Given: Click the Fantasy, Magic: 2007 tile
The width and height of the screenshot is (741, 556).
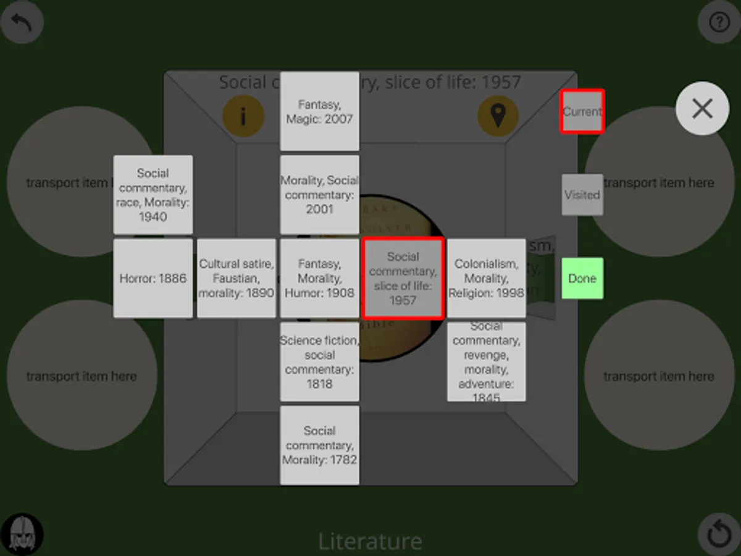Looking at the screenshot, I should pos(319,111).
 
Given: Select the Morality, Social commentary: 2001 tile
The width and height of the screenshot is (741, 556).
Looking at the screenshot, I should pos(319,195).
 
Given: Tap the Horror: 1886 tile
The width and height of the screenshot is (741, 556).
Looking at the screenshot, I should pos(153,278).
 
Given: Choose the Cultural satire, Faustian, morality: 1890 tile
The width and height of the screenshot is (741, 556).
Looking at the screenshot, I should pos(236,278).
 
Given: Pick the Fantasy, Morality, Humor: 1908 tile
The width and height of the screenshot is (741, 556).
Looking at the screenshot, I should pos(319,278).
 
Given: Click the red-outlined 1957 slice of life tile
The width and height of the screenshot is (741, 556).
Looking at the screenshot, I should pos(403,278).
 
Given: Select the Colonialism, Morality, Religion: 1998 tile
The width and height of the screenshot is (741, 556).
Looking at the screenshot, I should pos(486,278).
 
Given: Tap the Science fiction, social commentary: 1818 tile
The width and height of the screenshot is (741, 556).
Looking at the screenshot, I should pos(319,361).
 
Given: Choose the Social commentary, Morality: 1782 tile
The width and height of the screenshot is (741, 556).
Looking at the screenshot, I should pos(319,445).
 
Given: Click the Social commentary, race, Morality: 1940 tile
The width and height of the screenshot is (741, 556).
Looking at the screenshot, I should pos(153,195).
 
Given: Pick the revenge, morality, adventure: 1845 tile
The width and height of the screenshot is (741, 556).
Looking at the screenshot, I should pos(486,361).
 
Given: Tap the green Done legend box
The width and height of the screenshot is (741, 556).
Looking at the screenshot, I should pos(582,278).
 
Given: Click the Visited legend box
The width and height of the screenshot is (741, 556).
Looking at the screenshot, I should pos(582,195).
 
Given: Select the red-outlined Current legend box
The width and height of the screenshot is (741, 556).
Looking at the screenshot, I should pos(582,111).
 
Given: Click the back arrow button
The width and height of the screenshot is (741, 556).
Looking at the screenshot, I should pos(22,23).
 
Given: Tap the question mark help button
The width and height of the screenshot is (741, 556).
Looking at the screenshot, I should pos(719,23).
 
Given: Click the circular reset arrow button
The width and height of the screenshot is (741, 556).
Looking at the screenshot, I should pos(719,534).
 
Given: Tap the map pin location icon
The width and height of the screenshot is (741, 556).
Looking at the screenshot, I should pos(498,116).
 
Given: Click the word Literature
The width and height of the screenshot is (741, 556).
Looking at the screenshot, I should pos(370,541).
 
